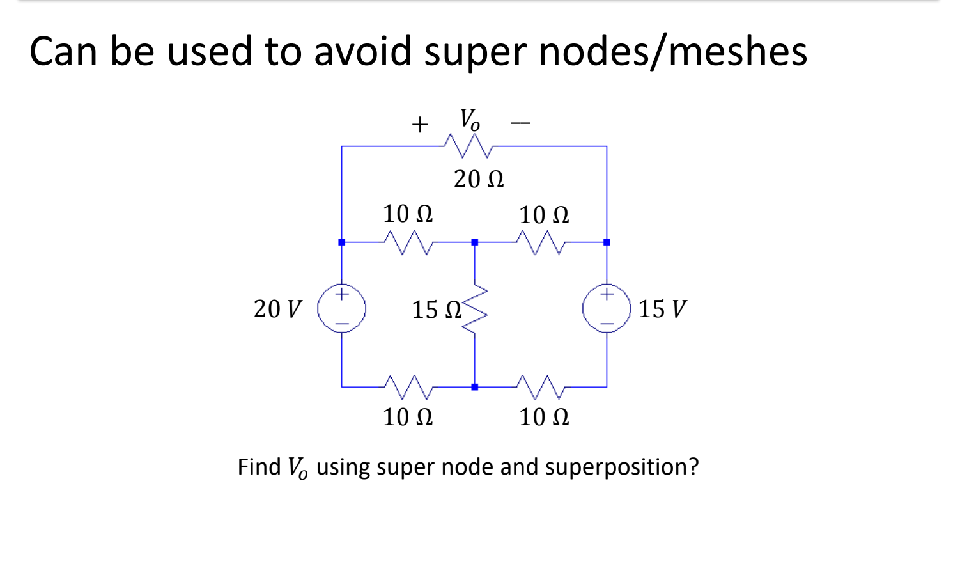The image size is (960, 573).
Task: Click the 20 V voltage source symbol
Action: (x=342, y=310)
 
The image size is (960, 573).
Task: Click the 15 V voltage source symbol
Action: (x=607, y=310)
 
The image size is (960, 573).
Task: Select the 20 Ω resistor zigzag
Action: (x=468, y=146)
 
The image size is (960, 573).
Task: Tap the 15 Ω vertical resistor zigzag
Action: (x=475, y=309)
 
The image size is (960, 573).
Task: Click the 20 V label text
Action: (x=277, y=309)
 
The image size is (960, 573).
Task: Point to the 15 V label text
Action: (x=662, y=309)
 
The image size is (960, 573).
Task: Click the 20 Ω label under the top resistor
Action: (x=479, y=179)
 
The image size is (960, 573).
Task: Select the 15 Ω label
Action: (x=436, y=310)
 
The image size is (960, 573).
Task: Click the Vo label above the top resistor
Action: (x=469, y=120)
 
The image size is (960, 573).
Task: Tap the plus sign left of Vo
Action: (x=419, y=124)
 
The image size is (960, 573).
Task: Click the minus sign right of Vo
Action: (x=520, y=123)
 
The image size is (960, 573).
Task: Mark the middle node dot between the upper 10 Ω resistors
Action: (x=474, y=242)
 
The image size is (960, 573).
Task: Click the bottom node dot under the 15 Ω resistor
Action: (x=474, y=387)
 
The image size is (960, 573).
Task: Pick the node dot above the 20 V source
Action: (x=342, y=242)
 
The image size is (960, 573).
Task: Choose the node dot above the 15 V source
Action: (x=607, y=242)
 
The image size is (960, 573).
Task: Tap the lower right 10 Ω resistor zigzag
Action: (x=541, y=386)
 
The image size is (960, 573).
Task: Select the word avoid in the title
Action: (x=362, y=51)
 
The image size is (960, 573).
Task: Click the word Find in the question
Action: (x=259, y=467)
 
